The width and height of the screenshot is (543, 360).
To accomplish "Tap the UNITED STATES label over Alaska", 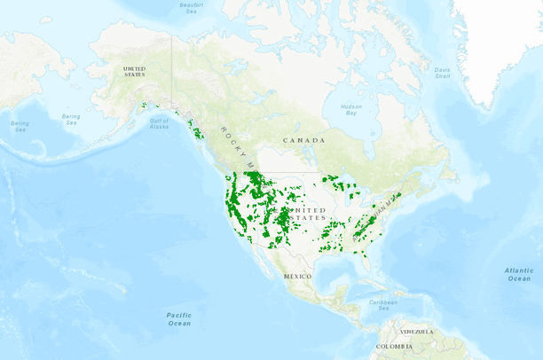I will [x=134, y=71].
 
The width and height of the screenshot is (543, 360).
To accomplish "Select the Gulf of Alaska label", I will [x=159, y=123].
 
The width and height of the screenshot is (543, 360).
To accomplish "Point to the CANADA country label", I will [x=303, y=140].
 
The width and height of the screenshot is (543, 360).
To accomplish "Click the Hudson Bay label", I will [x=351, y=110].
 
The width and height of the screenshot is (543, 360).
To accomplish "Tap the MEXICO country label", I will [x=297, y=276].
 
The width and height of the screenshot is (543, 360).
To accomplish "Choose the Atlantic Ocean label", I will [x=519, y=273].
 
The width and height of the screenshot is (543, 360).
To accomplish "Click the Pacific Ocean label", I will [x=178, y=318].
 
